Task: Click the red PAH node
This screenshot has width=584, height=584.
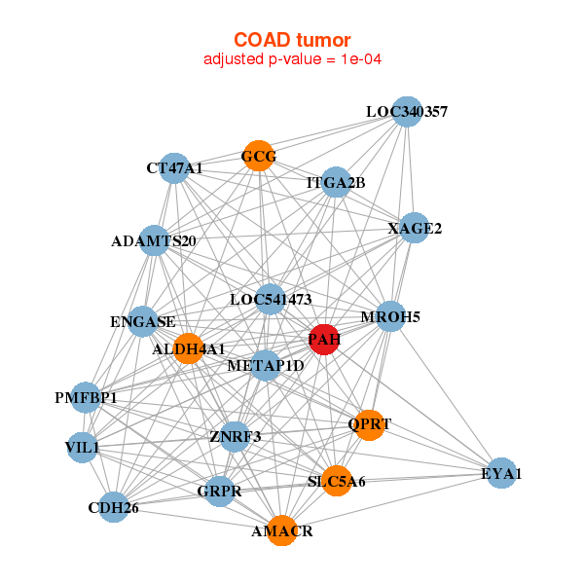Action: [x=323, y=340]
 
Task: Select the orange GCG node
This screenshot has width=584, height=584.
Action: [x=258, y=156]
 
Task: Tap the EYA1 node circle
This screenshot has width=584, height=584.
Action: [x=500, y=473]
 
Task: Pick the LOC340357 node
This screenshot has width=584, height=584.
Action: [x=407, y=112]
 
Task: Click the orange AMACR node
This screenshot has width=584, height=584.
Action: [x=281, y=530]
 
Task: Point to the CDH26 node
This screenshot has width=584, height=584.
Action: [x=114, y=506]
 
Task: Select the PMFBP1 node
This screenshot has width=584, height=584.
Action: [x=86, y=397]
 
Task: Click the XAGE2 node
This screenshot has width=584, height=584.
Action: [x=415, y=229]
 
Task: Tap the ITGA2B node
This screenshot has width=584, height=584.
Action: [x=336, y=182]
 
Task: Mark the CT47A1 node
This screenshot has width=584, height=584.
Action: [x=174, y=168]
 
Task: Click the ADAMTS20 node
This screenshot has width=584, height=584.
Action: [x=155, y=240]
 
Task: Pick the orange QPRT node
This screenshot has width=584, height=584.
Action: [x=369, y=424]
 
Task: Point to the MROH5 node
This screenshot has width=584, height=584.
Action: [x=390, y=316]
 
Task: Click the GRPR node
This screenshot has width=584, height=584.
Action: [x=219, y=491]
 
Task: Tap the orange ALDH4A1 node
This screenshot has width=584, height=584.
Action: [x=188, y=347]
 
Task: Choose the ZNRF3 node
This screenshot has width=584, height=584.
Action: [x=235, y=435]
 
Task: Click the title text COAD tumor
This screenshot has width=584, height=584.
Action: [x=292, y=40]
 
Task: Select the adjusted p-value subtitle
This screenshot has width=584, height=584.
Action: [x=292, y=59]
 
